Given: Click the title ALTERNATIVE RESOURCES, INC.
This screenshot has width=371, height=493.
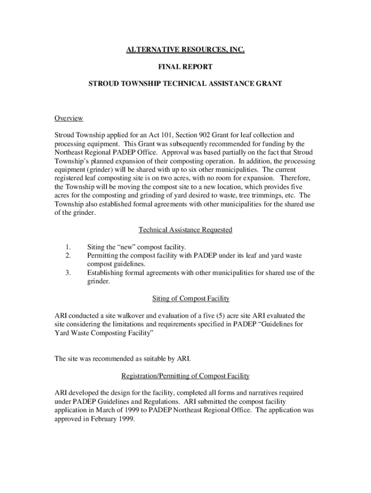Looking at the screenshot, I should click(x=185, y=50).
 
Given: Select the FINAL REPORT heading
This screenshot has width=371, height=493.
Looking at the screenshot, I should click(x=185, y=66).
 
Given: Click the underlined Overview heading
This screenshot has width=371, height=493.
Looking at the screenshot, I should click(x=68, y=118).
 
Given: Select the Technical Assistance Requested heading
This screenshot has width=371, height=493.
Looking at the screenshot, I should click(x=185, y=230).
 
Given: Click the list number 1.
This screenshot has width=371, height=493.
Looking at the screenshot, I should click(x=67, y=247).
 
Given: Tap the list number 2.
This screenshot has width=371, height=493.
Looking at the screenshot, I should click(x=67, y=256).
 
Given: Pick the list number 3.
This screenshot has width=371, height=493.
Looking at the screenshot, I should click(x=67, y=273).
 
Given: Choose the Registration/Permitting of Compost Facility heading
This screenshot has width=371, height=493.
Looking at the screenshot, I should click(x=185, y=376).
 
